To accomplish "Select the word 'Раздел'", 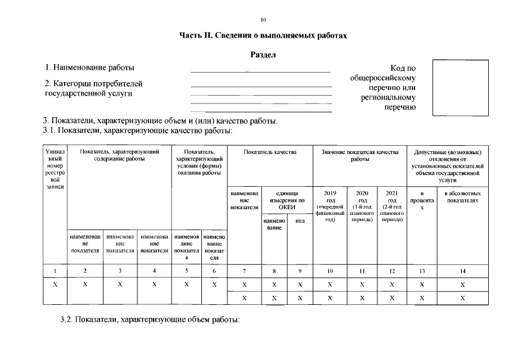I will (x=263, y=55).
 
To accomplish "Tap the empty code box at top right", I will (x=460, y=88).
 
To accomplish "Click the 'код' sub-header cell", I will (x=300, y=222).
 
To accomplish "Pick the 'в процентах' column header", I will (x=422, y=200).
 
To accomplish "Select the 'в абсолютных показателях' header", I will (x=462, y=197).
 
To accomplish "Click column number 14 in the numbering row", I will (x=462, y=271).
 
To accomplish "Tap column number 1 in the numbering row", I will (x=55, y=271).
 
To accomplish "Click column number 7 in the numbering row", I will (x=244, y=271).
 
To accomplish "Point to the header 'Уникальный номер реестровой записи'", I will (x=55, y=169).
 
